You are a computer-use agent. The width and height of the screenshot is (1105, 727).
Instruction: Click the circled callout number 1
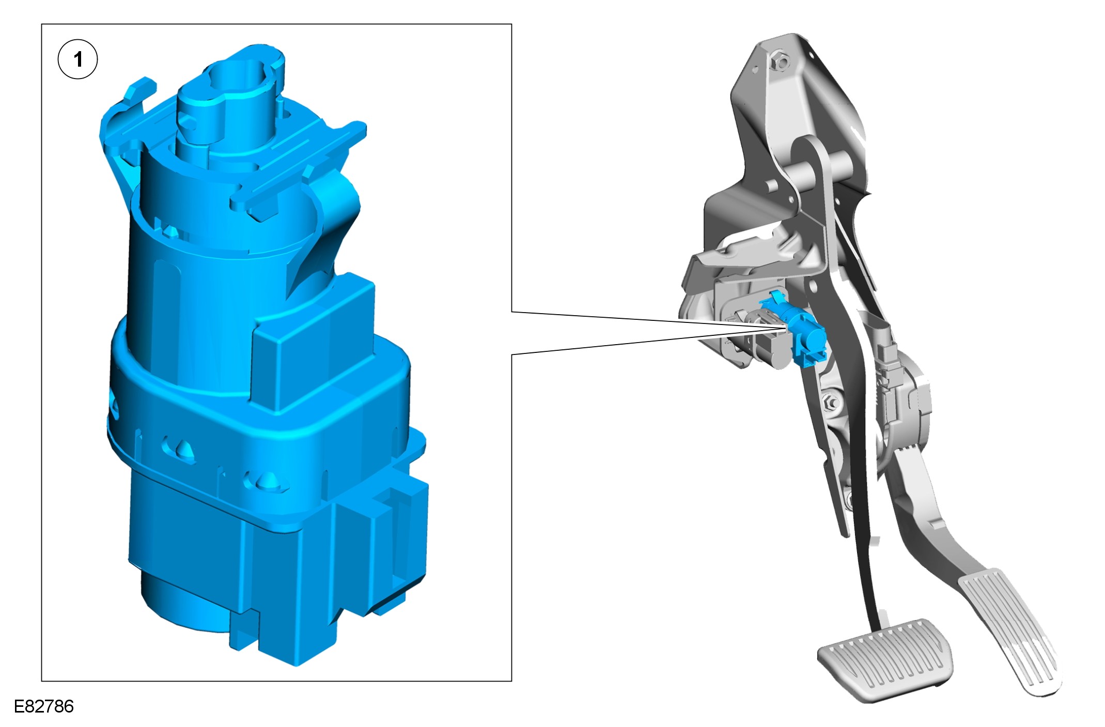pos(77,59)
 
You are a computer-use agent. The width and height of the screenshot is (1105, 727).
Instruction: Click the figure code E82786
pos(44,706)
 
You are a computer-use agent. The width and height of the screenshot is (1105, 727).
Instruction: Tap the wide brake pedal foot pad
pos(885,660)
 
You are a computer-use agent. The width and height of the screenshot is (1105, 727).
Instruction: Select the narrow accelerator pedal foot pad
pos(1010,631)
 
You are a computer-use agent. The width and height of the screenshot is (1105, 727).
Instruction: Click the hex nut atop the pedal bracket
pos(781,63)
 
